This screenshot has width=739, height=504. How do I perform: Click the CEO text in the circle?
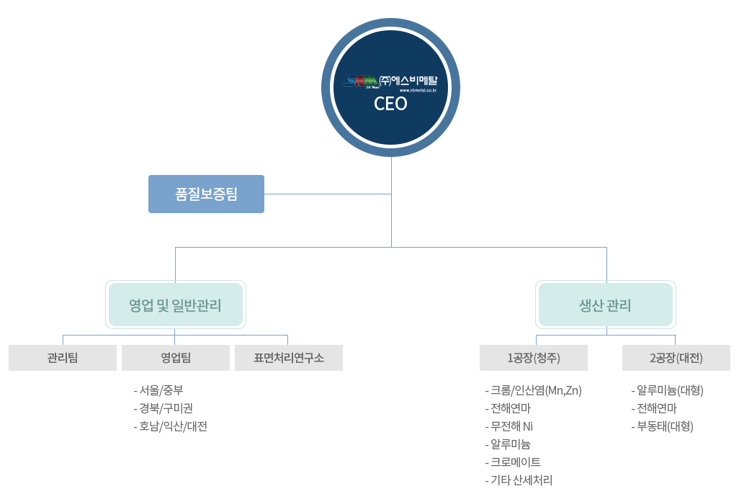(x=390, y=104)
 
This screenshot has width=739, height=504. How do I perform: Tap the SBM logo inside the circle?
(x=361, y=82)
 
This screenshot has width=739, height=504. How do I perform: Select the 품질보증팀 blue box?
(x=207, y=194)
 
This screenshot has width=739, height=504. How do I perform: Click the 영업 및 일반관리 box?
(x=175, y=305)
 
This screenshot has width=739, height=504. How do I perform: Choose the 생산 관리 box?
(x=606, y=305)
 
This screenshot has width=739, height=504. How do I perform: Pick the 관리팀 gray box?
(x=63, y=358)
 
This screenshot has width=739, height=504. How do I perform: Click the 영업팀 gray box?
(x=176, y=358)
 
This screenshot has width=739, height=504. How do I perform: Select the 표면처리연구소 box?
(x=289, y=358)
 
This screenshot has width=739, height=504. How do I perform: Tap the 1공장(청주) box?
(x=534, y=358)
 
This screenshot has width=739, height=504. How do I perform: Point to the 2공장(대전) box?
(x=676, y=358)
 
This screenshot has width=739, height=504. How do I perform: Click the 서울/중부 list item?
(x=158, y=390)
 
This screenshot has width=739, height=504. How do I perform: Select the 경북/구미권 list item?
(x=163, y=408)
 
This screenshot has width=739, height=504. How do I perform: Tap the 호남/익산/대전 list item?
(x=171, y=426)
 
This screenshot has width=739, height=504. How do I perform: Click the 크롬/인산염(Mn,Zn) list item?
(x=534, y=390)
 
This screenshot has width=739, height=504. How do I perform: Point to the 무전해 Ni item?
(x=509, y=426)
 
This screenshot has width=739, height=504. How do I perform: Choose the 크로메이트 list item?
(x=513, y=462)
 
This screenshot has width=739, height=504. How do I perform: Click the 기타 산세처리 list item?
(x=519, y=480)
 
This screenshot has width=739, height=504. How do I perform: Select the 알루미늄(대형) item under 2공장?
(x=668, y=390)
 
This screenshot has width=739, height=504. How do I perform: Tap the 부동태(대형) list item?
(x=662, y=426)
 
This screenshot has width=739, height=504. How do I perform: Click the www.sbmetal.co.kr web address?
(x=418, y=90)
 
